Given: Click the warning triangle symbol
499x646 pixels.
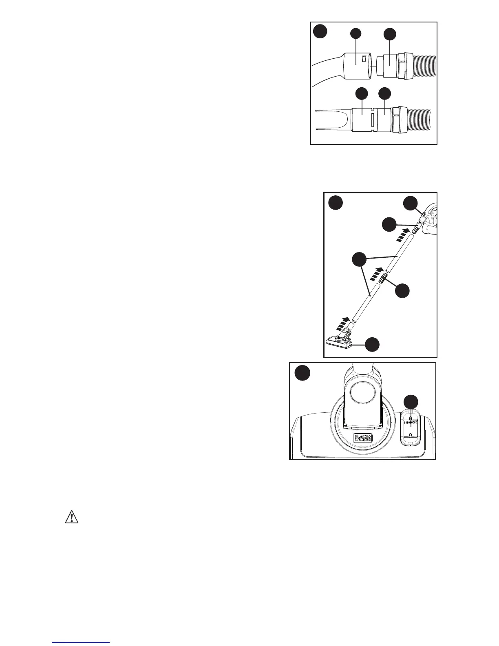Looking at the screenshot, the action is [x=72, y=517].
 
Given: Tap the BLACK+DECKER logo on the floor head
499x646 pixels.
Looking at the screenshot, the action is [x=362, y=438].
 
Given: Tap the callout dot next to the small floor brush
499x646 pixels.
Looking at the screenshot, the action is [x=372, y=345].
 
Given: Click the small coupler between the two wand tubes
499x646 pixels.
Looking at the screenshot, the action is [x=383, y=279].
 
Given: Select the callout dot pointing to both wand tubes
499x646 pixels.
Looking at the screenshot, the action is [x=359, y=259].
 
